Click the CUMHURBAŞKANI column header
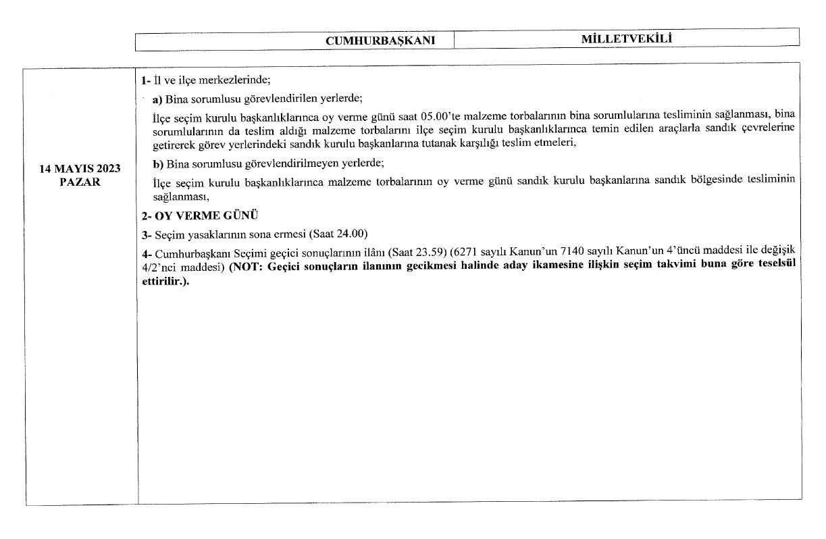pos(379,41)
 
